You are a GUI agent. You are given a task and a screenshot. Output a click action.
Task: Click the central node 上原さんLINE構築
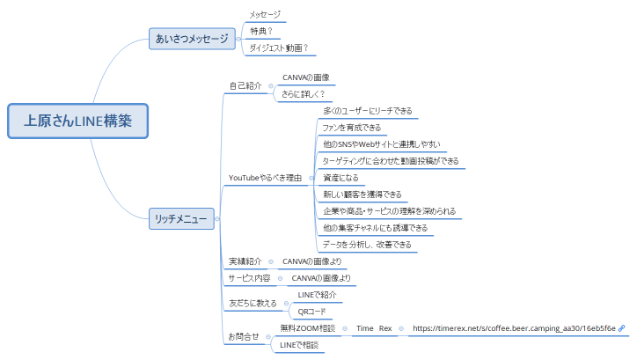(x=78, y=121)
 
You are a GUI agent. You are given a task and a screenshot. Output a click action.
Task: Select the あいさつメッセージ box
(x=191, y=39)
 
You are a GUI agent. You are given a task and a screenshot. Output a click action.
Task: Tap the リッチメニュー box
(x=180, y=217)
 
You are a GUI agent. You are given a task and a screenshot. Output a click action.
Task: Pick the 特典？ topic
(x=260, y=32)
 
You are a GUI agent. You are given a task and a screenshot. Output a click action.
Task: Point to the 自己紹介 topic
(x=245, y=85)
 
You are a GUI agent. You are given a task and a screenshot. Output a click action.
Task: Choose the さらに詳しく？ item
(x=304, y=93)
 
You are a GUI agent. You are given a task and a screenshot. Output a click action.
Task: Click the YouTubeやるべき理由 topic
(x=265, y=178)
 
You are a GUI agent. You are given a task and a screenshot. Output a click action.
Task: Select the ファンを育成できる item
(x=352, y=128)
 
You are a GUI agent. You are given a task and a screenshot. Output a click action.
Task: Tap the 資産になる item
(x=340, y=178)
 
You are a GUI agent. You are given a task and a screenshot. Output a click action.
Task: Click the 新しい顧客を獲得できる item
(x=362, y=195)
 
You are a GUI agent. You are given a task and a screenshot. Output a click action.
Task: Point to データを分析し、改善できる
(x=367, y=244)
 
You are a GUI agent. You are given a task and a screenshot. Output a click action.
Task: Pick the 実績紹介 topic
(x=245, y=261)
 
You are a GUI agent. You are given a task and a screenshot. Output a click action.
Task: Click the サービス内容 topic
(x=249, y=278)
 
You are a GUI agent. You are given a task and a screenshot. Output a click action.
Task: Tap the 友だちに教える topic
(x=253, y=304)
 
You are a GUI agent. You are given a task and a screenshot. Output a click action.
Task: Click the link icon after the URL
(x=622, y=328)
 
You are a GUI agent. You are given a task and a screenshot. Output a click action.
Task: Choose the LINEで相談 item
(x=299, y=345)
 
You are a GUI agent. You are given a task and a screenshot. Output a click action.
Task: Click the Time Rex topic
(x=374, y=328)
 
